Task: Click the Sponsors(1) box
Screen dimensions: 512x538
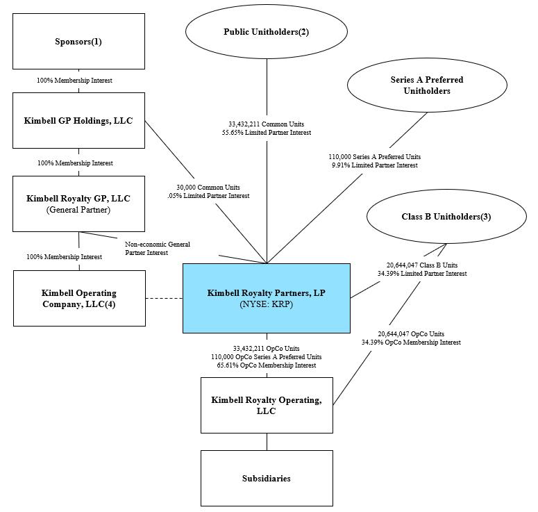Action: (x=78, y=41)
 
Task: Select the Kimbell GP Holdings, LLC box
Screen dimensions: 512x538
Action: (x=78, y=121)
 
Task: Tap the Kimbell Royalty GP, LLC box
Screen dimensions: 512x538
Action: (x=78, y=204)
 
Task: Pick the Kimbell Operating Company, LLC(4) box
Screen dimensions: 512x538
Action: (x=79, y=299)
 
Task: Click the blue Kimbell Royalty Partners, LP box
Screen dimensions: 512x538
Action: (x=266, y=298)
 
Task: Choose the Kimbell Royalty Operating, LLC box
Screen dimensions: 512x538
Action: (x=267, y=405)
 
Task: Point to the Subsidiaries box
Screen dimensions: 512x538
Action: (x=267, y=478)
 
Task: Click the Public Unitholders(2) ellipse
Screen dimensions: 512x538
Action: (x=267, y=32)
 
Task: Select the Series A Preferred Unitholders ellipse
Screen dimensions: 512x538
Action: (x=426, y=85)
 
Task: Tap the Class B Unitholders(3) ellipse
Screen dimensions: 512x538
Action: (x=446, y=217)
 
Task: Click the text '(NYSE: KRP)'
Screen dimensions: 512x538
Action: (x=266, y=304)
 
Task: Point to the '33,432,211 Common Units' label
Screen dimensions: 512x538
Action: (x=267, y=124)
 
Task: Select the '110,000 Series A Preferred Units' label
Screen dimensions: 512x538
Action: (x=374, y=156)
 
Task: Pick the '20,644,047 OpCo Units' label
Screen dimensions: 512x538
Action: (x=411, y=333)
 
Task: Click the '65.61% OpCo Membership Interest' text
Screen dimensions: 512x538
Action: (x=267, y=365)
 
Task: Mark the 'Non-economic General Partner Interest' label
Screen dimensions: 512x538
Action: (x=158, y=248)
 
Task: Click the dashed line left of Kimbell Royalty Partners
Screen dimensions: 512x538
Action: (x=165, y=299)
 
